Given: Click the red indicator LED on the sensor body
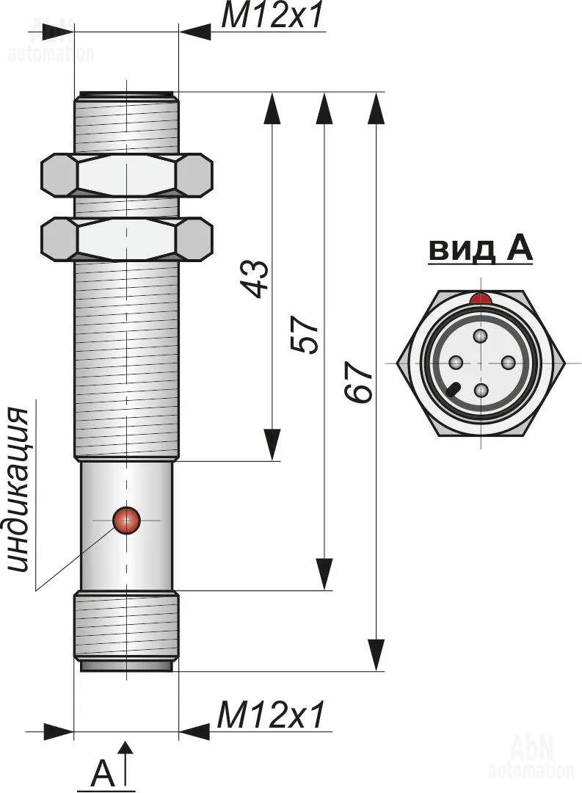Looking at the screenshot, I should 126,520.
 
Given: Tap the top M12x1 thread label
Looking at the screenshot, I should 272,16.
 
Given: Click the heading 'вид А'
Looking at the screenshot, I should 481,250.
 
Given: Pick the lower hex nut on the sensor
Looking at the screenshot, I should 126,239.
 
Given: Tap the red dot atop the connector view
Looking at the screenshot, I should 481,299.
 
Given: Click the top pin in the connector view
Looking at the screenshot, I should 481,336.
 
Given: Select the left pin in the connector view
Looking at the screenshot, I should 455,363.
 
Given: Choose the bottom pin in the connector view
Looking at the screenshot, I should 481,390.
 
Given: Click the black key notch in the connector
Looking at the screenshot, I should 454,389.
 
